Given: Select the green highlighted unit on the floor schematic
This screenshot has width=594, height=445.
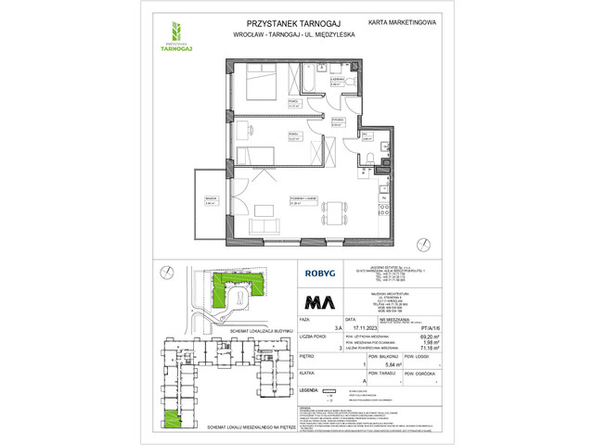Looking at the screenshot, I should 173,421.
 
